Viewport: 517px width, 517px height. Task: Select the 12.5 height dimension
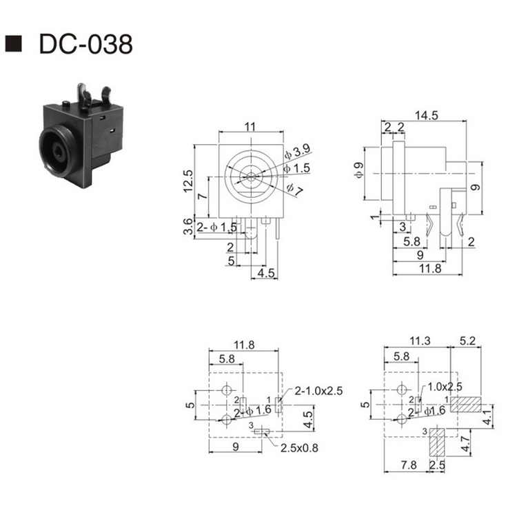(187, 182)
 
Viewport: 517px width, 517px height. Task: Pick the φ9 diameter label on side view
(358, 170)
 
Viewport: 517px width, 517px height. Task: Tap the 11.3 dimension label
(418, 340)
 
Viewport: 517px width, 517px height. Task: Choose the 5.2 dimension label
(467, 340)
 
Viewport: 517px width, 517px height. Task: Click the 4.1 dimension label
(487, 416)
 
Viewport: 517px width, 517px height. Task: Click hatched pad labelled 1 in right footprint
(465, 404)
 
